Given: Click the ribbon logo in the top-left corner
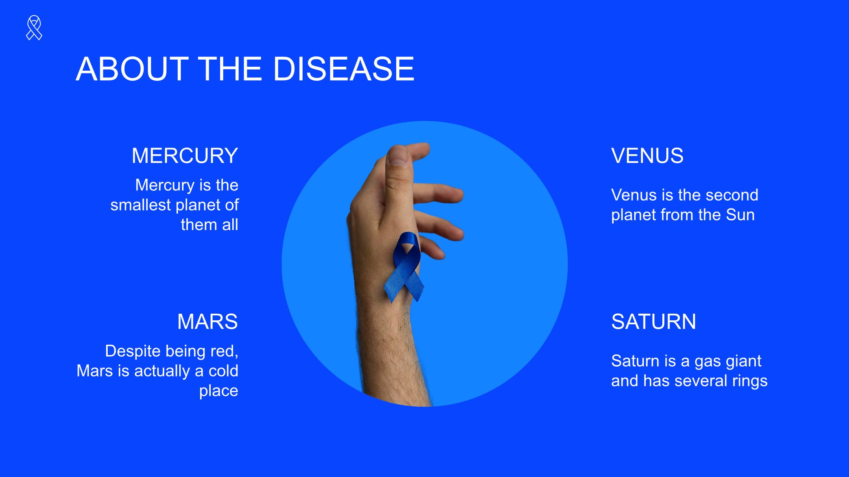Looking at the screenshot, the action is click(x=34, y=27).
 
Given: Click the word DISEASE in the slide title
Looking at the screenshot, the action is click(x=344, y=69).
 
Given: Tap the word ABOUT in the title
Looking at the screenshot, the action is click(x=132, y=69).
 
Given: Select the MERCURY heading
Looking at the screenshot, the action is click(x=185, y=155).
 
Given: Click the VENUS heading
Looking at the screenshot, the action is click(x=647, y=155).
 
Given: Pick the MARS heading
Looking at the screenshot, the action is click(x=208, y=322).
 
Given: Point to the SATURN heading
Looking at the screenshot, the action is click(x=654, y=322).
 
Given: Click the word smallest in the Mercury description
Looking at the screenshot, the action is click(x=141, y=205).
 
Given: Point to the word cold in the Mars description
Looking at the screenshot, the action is click(x=224, y=371).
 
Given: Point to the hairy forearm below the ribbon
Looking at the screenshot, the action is click(x=393, y=353).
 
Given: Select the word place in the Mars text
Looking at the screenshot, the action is click(x=219, y=391).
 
